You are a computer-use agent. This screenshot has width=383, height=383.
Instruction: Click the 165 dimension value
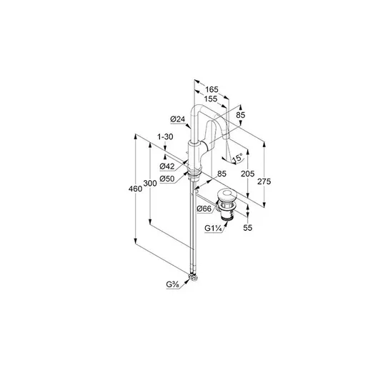[x=212, y=89]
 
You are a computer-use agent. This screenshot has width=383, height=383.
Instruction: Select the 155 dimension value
[x=211, y=99]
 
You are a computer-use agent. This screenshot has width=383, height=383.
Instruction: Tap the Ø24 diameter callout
[x=178, y=119]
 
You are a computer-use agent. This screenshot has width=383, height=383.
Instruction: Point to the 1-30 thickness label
[x=165, y=136]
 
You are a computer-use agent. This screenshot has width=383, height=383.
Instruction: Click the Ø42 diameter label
[x=167, y=166]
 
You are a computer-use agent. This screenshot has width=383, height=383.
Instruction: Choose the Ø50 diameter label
[x=167, y=179]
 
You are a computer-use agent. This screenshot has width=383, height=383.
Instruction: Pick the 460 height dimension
[x=135, y=189]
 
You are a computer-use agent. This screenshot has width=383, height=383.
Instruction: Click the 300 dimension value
[x=150, y=183]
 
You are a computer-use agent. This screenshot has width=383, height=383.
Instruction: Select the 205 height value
[x=248, y=174]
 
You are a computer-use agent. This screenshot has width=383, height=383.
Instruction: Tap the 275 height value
[x=264, y=181]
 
